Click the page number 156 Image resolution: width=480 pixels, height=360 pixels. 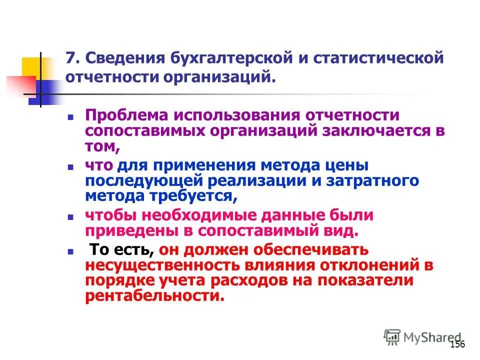click(457, 344)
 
